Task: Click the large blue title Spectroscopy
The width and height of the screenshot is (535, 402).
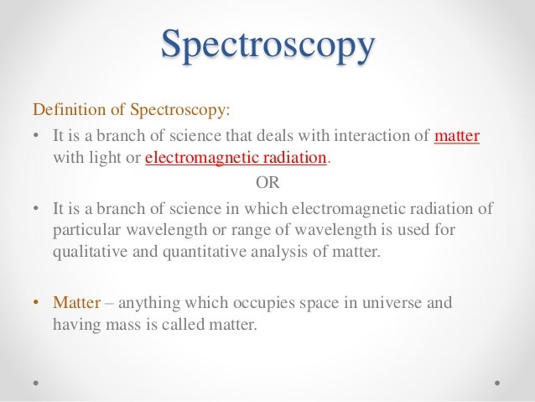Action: point(268,47)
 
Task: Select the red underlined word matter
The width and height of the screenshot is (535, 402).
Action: point(457,136)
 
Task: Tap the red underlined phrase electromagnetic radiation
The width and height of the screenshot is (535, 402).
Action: point(236,159)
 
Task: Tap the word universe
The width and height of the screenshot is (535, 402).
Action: point(360,301)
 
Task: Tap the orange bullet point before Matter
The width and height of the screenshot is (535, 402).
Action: point(35,301)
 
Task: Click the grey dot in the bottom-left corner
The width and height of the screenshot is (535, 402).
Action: point(37,382)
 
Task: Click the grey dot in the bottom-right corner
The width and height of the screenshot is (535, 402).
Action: point(497,382)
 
